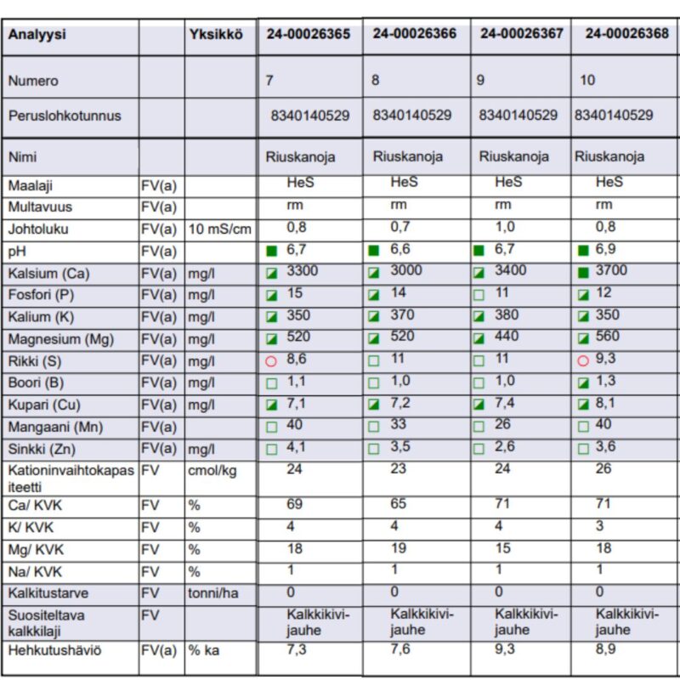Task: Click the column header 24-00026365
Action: [309, 34]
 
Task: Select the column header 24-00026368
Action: [627, 33]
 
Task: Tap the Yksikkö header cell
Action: [216, 34]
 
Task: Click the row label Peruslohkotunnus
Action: [65, 116]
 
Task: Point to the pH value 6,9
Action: [606, 249]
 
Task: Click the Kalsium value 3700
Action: [611, 270]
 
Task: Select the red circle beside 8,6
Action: [271, 361]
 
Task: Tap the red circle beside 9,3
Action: [583, 360]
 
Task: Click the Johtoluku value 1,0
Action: [505, 227]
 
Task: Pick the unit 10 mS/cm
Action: [220, 229]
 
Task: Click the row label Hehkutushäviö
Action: [54, 650]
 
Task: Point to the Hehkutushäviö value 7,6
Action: [400, 649]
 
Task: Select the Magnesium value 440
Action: [507, 336]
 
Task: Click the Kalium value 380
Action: [507, 314]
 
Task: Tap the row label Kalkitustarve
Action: [48, 593]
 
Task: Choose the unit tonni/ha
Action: [213, 593]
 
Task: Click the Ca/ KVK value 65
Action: [398, 503]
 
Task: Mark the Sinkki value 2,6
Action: [505, 446]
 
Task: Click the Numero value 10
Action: [587, 80]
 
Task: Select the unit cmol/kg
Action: [212, 471]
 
